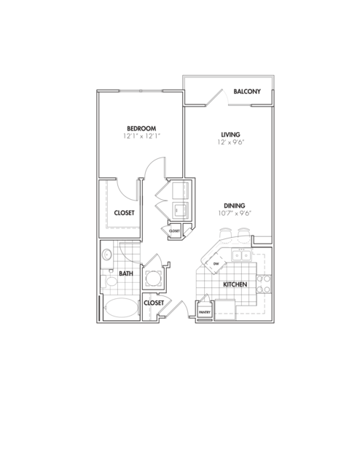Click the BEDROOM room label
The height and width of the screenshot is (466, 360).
(x=141, y=128)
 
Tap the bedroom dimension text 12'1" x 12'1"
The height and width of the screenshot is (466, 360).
(x=142, y=136)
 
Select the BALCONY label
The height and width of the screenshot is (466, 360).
(x=247, y=91)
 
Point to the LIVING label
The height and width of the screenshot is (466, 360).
(x=231, y=134)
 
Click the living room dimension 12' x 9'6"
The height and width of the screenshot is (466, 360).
(x=231, y=142)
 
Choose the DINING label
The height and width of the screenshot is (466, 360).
(x=235, y=206)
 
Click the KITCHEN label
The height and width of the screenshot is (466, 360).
(x=235, y=284)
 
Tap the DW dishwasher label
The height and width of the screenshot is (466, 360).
(x=216, y=263)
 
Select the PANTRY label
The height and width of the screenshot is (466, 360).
(x=205, y=312)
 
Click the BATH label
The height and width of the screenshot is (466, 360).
(x=126, y=273)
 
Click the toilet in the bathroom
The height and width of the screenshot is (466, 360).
(x=108, y=281)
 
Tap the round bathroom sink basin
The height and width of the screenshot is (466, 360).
(x=106, y=255)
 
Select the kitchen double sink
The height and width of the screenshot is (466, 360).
(x=242, y=255)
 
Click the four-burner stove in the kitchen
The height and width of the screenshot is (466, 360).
(x=264, y=284)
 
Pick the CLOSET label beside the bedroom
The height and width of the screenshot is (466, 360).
(x=124, y=213)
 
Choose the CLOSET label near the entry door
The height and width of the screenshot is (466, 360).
(x=154, y=303)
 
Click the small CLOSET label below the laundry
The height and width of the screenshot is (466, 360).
(x=174, y=231)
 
